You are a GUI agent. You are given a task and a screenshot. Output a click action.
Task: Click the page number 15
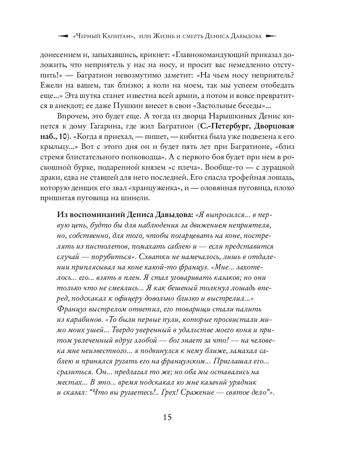[x=167, y=417]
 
